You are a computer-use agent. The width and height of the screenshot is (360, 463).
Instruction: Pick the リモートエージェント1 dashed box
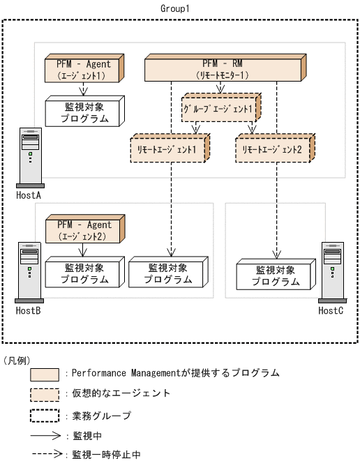tap(170, 149)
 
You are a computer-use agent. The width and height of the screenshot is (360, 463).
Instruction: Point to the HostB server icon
tap(29, 272)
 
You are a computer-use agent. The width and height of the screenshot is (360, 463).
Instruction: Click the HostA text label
tap(29, 196)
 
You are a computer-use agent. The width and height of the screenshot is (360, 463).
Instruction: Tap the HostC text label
tap(331, 310)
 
